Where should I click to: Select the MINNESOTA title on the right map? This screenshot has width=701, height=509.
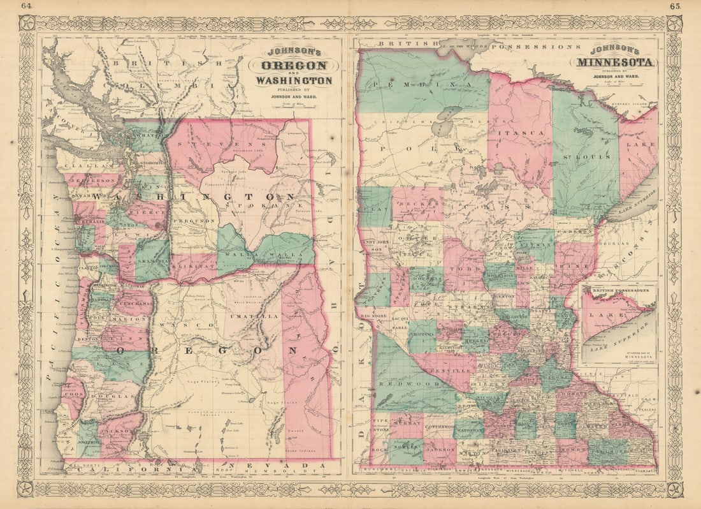[x=615, y=63]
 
